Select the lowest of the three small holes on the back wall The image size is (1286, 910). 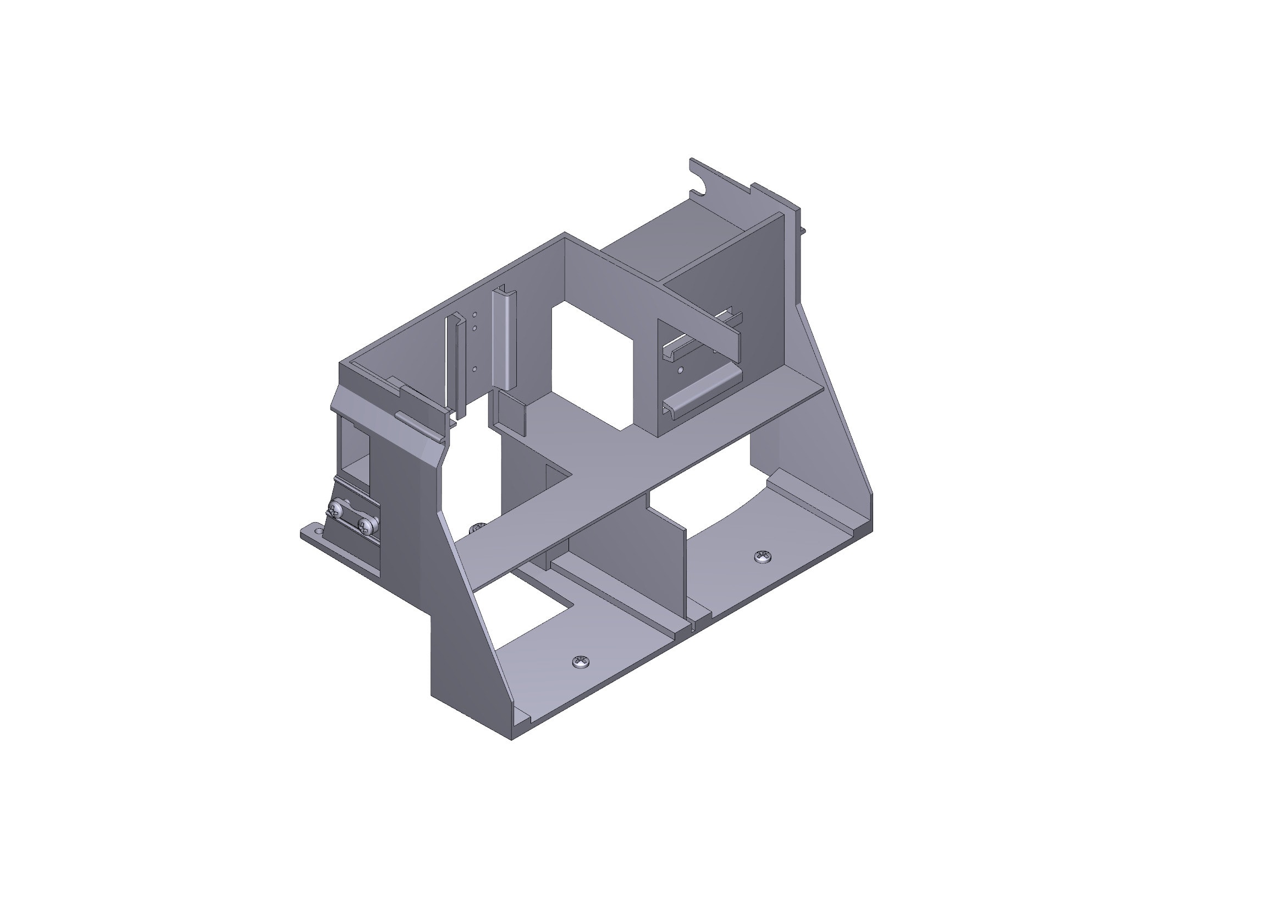click(x=474, y=369)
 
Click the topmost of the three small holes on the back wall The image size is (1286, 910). click(x=474, y=315)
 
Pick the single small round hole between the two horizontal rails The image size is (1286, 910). click(x=680, y=370)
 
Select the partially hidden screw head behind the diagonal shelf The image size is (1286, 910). click(x=477, y=527)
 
